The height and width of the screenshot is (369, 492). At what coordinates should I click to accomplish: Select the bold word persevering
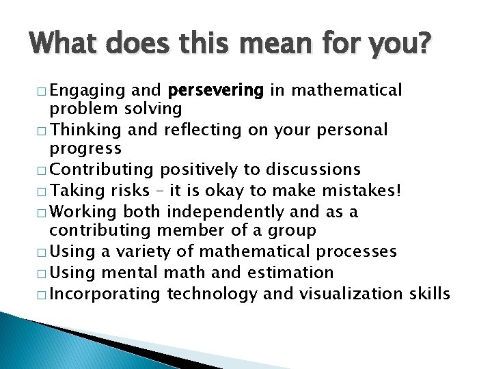point(215,90)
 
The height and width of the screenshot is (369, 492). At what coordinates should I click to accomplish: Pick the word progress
point(85,148)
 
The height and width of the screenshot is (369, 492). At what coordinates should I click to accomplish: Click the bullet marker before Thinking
point(44,131)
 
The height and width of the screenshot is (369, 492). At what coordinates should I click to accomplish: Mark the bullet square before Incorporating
point(44,295)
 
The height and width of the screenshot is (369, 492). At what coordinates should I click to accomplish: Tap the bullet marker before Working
point(44,212)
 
